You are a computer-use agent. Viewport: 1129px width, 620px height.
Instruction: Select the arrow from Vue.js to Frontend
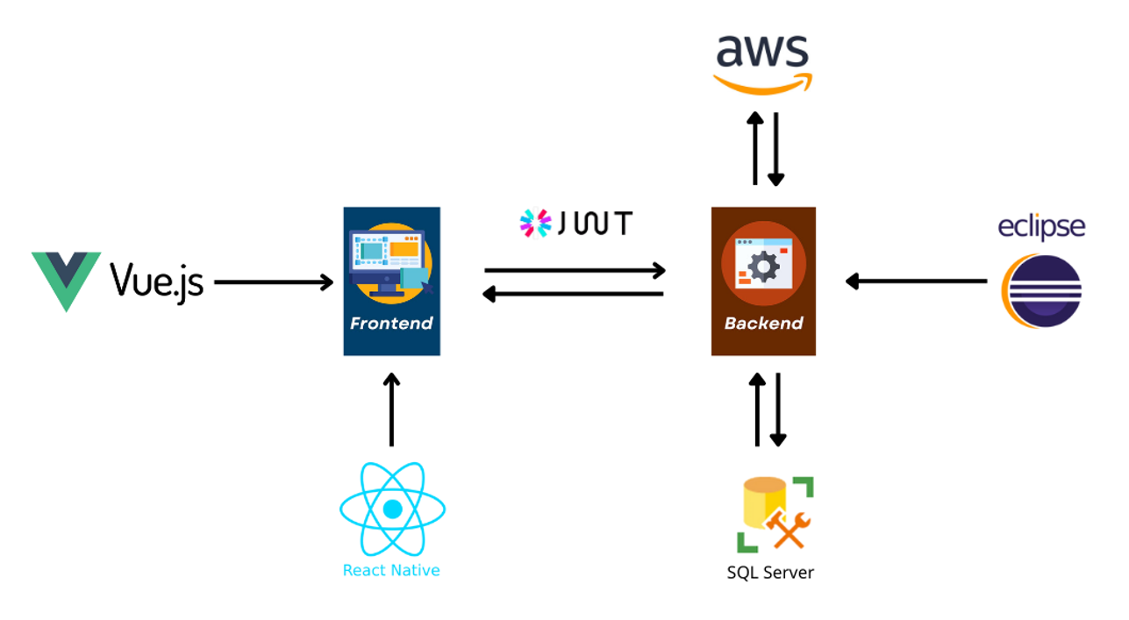tap(274, 282)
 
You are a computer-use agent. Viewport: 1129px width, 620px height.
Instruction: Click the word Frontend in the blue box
tap(391, 324)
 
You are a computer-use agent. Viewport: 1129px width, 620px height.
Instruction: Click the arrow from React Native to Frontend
tap(391, 410)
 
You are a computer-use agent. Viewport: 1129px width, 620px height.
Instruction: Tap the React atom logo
tap(392, 509)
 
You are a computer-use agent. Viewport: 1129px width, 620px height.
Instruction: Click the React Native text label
tap(391, 570)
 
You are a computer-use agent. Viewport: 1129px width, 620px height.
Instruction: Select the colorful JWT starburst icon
tap(535, 223)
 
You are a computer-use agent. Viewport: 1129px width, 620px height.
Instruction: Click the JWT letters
tap(595, 223)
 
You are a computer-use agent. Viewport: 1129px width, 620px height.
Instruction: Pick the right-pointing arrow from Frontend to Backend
tap(575, 270)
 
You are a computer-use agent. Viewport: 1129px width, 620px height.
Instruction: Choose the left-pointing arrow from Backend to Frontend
tap(573, 294)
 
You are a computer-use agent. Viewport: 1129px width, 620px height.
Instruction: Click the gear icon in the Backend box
tap(763, 266)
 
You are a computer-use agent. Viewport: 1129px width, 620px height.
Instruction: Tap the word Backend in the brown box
tap(763, 324)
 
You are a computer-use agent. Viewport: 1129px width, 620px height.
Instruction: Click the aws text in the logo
tap(762, 51)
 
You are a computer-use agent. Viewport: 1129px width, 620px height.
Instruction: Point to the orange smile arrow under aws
tap(762, 83)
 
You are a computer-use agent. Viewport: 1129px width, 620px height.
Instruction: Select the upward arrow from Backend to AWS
tap(755, 148)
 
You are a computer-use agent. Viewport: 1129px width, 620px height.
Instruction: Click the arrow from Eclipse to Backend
tap(917, 281)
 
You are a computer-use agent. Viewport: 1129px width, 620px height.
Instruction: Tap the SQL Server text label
tap(770, 573)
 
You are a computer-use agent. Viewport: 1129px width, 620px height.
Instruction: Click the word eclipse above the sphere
tap(1041, 227)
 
